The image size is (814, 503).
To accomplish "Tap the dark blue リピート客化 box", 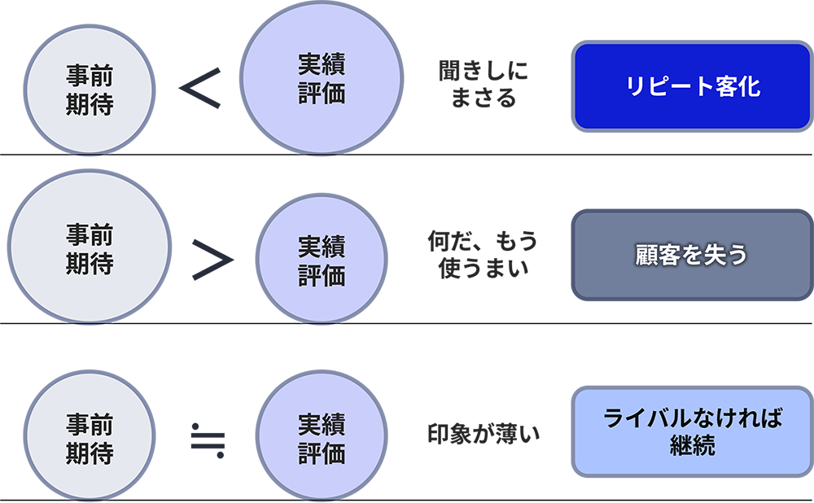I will pyautogui.click(x=693, y=86).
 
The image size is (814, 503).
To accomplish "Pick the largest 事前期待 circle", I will pyautogui.click(x=90, y=250).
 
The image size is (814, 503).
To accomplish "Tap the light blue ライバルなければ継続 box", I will pyautogui.click(x=693, y=431).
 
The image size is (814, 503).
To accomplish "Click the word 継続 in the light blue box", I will pyautogui.click(x=692, y=447).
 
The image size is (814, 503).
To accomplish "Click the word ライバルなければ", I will pyautogui.click(x=693, y=420).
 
